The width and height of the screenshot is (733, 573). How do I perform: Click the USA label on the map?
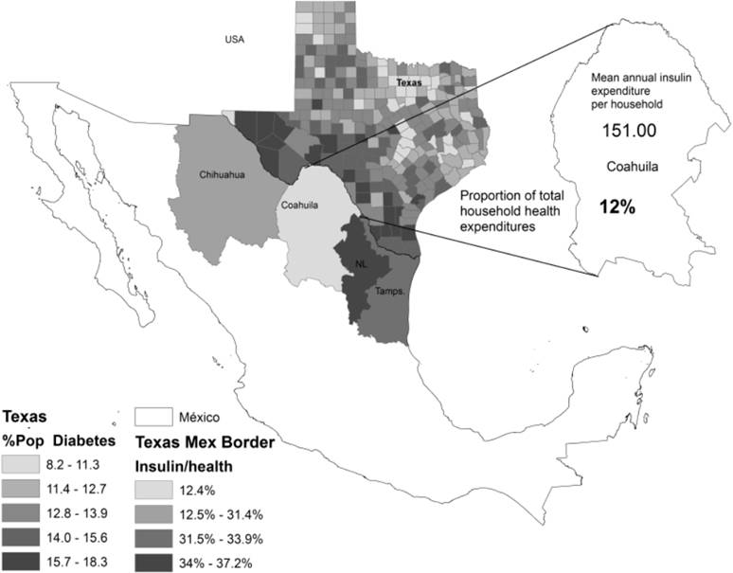pyautogui.click(x=234, y=39)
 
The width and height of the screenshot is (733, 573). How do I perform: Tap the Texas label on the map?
pyautogui.click(x=409, y=82)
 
